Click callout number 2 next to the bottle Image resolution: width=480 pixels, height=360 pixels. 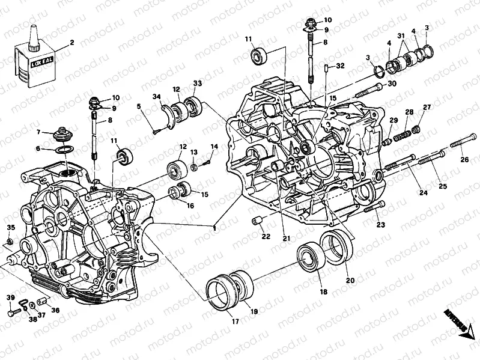[x=72, y=43]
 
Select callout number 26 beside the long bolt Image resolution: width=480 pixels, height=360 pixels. [x=464, y=159]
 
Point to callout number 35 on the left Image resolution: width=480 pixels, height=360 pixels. [x=10, y=227]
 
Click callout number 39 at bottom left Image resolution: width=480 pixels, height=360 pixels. [x=10, y=299]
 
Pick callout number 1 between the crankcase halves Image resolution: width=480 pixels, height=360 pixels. [x=213, y=228]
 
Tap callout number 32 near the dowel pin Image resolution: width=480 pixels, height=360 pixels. [x=340, y=66]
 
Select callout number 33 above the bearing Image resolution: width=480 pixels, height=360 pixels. [x=198, y=83]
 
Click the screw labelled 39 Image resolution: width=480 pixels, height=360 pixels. [x=12, y=312]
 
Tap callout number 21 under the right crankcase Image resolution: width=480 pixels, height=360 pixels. [x=287, y=238]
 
